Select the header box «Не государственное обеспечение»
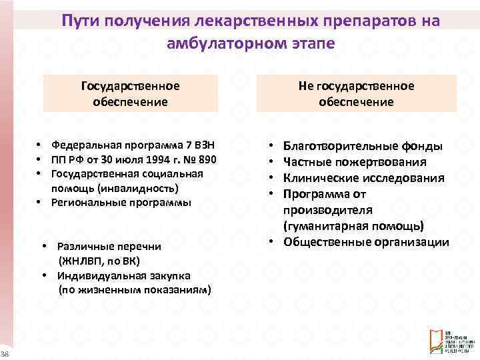[x=356, y=93]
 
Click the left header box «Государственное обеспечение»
[x=130, y=93]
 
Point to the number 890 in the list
[x=207, y=159]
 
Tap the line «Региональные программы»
[x=121, y=202]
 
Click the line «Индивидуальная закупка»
[x=123, y=275]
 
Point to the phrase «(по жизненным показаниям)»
[x=135, y=289]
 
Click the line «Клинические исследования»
[x=363, y=177]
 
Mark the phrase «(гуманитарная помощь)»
[x=353, y=226]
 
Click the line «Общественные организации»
[x=366, y=242]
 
